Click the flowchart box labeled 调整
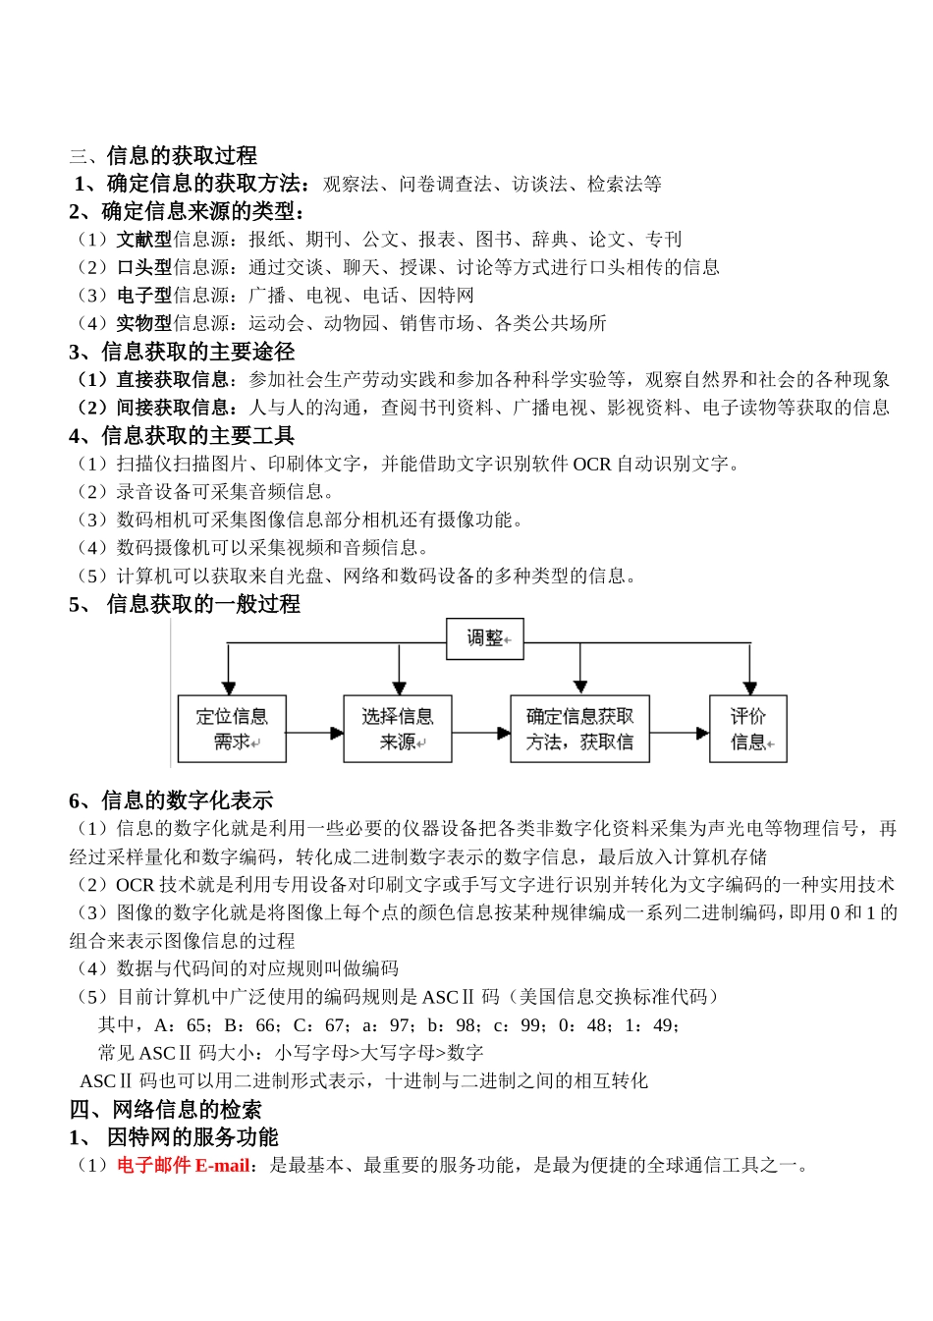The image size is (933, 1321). pos(485,639)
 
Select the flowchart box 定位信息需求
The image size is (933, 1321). pos(232,729)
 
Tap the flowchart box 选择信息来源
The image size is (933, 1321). pos(398,729)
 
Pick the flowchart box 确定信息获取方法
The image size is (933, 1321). pos(579,729)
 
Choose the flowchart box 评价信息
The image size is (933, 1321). pos(748,729)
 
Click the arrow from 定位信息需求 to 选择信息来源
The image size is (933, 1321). pos(314,733)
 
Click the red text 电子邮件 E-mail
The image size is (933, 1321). pos(184,1166)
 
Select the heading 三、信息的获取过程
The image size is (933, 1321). pos(163,155)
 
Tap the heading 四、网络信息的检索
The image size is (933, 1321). pos(166,1110)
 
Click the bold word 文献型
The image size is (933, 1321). pos(144,240)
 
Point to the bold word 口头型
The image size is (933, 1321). pos(144,267)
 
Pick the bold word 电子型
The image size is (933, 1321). pos(144,296)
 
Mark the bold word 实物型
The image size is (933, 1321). pos(144,323)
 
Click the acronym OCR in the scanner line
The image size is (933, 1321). pos(592,464)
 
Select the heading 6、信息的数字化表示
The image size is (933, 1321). pos(171,800)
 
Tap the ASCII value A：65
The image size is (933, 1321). pos(180,1025)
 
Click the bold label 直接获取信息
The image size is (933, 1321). pos(171,379)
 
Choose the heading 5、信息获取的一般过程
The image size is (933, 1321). pos(185,604)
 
